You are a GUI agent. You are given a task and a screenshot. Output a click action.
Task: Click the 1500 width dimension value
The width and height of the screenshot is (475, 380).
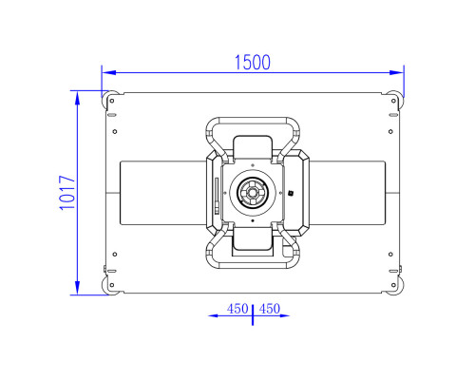(253, 63)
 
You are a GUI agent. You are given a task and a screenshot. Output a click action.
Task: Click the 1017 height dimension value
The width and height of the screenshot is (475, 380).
(67, 193)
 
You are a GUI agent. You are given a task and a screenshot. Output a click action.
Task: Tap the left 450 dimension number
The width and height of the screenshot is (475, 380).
(237, 309)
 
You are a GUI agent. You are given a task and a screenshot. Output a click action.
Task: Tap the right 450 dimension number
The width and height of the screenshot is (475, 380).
(270, 309)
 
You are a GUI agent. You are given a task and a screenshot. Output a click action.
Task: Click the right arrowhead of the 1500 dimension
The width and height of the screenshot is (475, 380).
(396, 72)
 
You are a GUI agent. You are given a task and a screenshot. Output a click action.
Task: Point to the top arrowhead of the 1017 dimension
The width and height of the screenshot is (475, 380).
(77, 98)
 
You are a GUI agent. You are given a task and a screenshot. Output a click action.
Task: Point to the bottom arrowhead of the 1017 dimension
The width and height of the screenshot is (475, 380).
(77, 288)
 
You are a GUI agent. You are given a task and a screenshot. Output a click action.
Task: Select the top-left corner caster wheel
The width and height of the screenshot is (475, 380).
(109, 99)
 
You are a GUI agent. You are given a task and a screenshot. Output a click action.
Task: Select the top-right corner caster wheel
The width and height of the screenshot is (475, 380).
(395, 99)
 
